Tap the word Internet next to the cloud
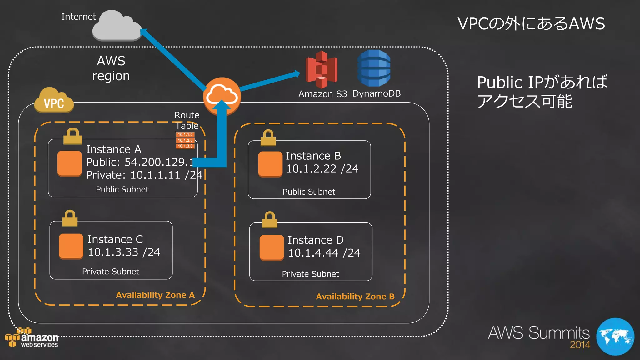tap(78, 17)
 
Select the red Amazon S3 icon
tap(322, 70)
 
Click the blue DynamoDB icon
tap(374, 68)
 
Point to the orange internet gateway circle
tap(222, 95)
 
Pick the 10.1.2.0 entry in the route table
tap(185, 140)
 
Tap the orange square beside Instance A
tap(70, 163)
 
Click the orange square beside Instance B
tap(270, 164)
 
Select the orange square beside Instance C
tap(71, 246)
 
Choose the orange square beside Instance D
tap(272, 247)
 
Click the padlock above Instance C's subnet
tap(70, 218)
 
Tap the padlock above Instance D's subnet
tap(270, 219)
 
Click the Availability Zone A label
tap(155, 295)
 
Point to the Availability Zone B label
tap(355, 297)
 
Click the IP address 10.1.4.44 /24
tap(324, 253)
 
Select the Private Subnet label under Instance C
tap(111, 272)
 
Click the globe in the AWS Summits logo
tap(615, 337)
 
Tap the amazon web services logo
tap(32, 339)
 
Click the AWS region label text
tap(111, 68)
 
